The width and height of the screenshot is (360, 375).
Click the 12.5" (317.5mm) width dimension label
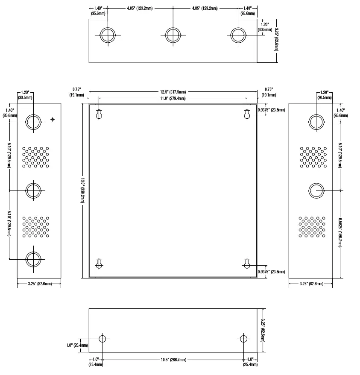(173, 92)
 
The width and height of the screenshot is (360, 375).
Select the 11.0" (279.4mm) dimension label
(173, 98)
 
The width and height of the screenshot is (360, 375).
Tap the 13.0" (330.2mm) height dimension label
(82, 190)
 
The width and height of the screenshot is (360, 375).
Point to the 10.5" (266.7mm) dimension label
(173, 360)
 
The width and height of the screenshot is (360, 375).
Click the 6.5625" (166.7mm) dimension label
(340, 232)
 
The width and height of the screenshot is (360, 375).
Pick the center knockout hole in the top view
(173, 35)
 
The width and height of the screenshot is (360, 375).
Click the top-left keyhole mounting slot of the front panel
(99, 114)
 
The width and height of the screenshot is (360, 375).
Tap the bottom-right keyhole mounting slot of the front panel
(247, 264)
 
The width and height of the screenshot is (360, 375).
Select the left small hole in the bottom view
(102, 339)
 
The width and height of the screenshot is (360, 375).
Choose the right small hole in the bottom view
(243, 339)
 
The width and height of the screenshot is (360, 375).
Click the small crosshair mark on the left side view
(53, 119)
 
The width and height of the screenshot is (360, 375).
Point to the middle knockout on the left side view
(33, 190)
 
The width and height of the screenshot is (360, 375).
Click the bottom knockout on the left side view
(33, 259)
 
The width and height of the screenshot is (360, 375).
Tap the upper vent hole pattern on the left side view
(35, 157)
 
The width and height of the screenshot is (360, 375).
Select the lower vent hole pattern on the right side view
(312, 227)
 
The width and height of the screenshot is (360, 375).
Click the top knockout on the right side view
(316, 122)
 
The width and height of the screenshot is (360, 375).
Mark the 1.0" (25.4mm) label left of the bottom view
(77, 346)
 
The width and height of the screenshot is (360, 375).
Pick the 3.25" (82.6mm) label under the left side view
(40, 284)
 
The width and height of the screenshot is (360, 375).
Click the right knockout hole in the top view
(238, 35)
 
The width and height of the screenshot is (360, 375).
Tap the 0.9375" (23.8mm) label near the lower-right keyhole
(271, 272)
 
